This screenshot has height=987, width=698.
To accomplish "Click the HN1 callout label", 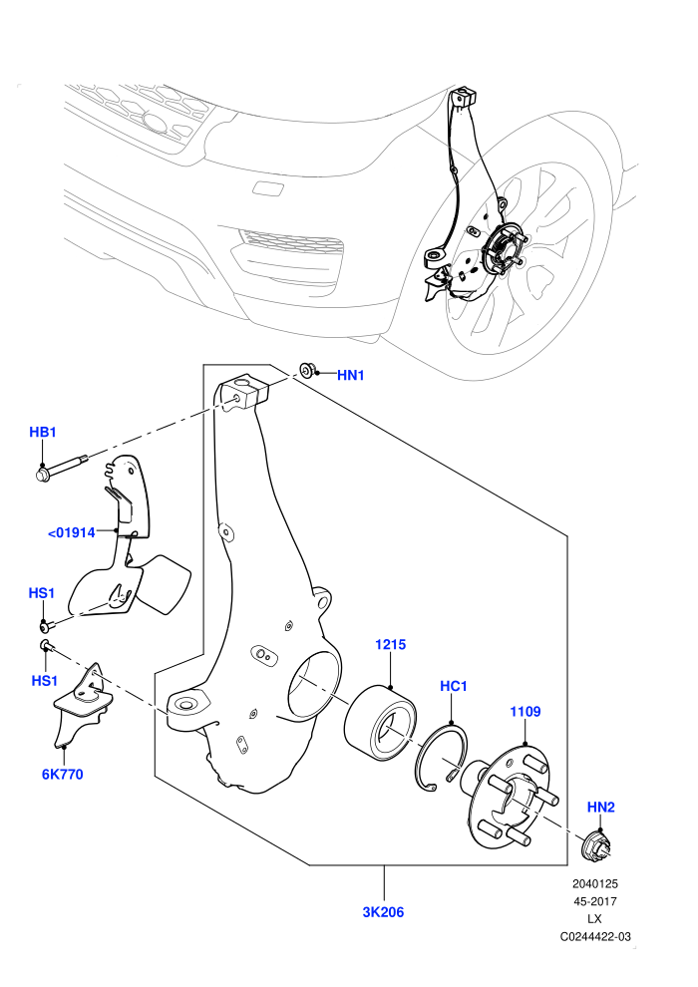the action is coord(351,376).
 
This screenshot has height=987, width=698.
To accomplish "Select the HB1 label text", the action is coord(43,432).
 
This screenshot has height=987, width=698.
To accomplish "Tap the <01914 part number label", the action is coord(72,532).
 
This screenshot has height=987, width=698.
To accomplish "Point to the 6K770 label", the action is coord(62,775).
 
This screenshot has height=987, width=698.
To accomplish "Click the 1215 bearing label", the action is coord(390,645).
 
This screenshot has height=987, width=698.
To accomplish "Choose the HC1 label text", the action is coord(453,686).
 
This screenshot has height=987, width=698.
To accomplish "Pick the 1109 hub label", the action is coord(524,711).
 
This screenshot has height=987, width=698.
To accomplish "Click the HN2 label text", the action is coord(601,807).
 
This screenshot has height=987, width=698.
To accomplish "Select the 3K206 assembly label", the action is coord(383,912).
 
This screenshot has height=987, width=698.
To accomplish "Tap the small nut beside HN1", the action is coord(308,371).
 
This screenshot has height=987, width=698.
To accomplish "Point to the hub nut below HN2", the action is coord(593,844).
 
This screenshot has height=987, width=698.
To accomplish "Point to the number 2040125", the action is coord(595,883).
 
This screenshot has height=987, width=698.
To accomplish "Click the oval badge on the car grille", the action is coord(155,122).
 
